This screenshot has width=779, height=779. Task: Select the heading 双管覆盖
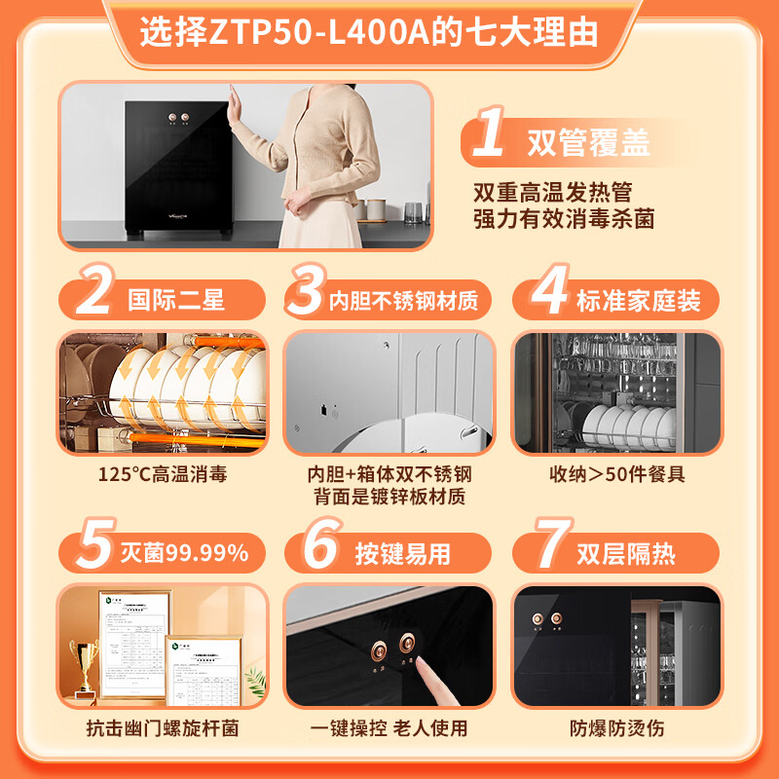(x=588, y=144)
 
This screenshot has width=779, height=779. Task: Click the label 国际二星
(x=176, y=298)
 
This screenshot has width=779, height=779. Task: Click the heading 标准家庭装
(x=638, y=299)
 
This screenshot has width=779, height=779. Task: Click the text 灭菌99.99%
(x=184, y=554)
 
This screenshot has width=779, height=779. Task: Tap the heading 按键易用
(x=402, y=554)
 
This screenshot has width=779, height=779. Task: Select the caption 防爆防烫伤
(x=616, y=727)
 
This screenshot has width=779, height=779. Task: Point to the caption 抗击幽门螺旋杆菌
(x=162, y=727)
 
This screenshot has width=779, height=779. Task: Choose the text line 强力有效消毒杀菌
(x=563, y=218)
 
